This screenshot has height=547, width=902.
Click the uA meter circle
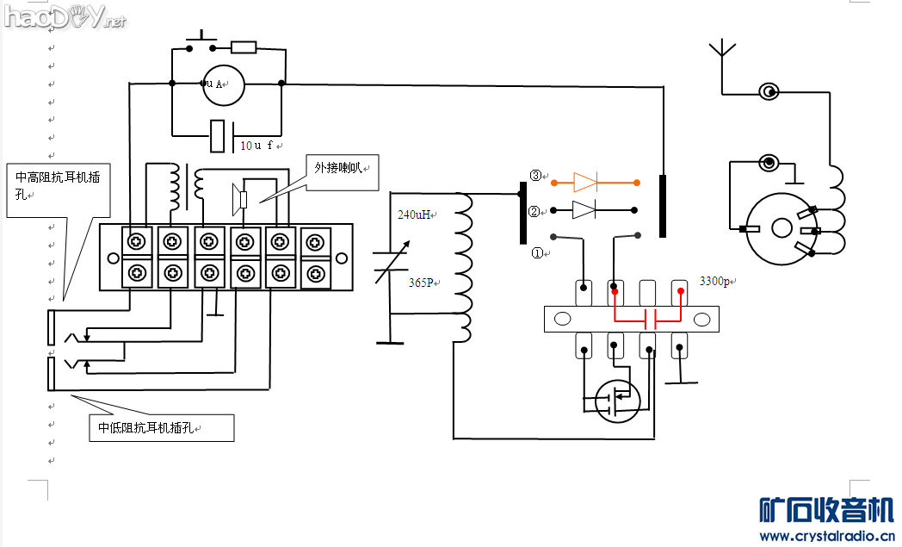[224, 84]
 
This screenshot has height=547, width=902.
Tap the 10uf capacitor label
[256, 146]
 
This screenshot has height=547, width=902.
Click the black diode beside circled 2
[584, 209]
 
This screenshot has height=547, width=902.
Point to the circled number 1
[537, 253]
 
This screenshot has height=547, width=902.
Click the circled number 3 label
[535, 176]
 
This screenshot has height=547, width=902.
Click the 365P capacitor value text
[422, 282]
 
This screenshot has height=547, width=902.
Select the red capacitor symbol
[650, 320]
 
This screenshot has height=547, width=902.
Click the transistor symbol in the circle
[617, 400]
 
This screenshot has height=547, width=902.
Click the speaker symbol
[240, 199]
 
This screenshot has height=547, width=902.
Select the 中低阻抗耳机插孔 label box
[161, 428]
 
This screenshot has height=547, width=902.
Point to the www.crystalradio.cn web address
[826, 536]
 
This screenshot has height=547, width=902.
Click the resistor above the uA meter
[244, 47]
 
